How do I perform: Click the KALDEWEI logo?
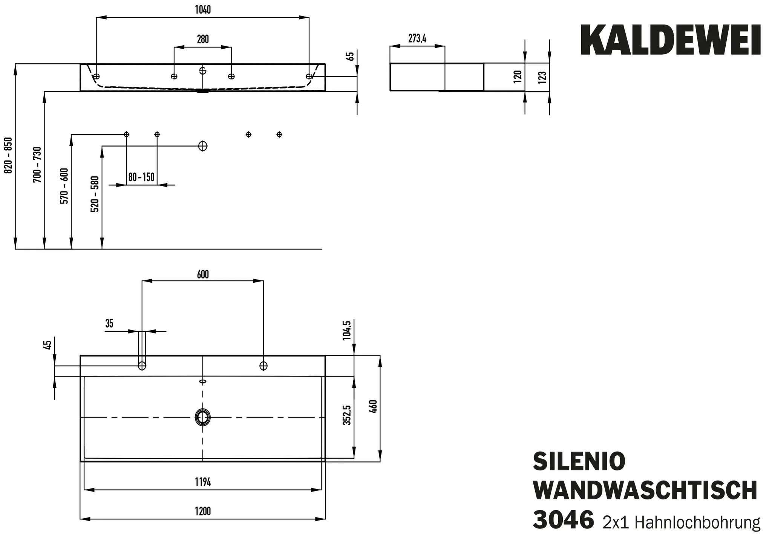tap(670, 40)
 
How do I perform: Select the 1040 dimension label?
tap(203, 10)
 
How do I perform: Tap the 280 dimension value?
tap(203, 39)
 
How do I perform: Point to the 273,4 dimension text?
tap(417, 38)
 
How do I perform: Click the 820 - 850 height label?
tap(8, 155)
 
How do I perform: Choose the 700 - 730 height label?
tap(37, 165)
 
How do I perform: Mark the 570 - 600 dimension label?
tap(64, 186)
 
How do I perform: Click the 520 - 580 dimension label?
tap(95, 194)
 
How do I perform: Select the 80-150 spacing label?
tap(141, 177)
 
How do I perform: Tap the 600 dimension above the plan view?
tap(203, 274)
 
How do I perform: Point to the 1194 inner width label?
tap(203, 482)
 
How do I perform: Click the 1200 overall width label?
tap(203, 511)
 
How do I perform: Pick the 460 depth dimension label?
tap(373, 407)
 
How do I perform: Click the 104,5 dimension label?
tap(347, 330)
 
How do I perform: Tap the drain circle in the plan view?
tap(203, 417)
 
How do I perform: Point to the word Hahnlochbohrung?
tap(697, 523)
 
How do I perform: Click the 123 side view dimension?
tap(542, 77)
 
